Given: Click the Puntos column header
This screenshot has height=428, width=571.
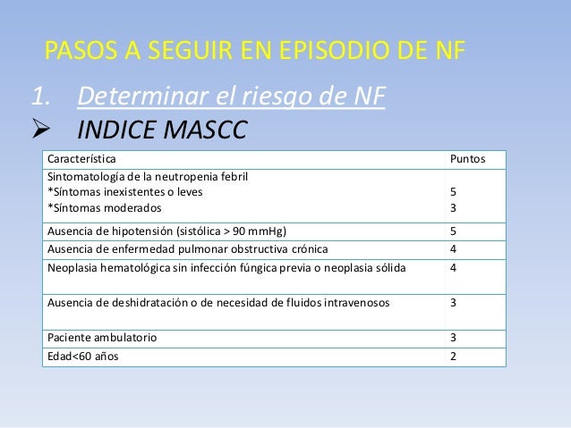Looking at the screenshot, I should (x=468, y=159).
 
